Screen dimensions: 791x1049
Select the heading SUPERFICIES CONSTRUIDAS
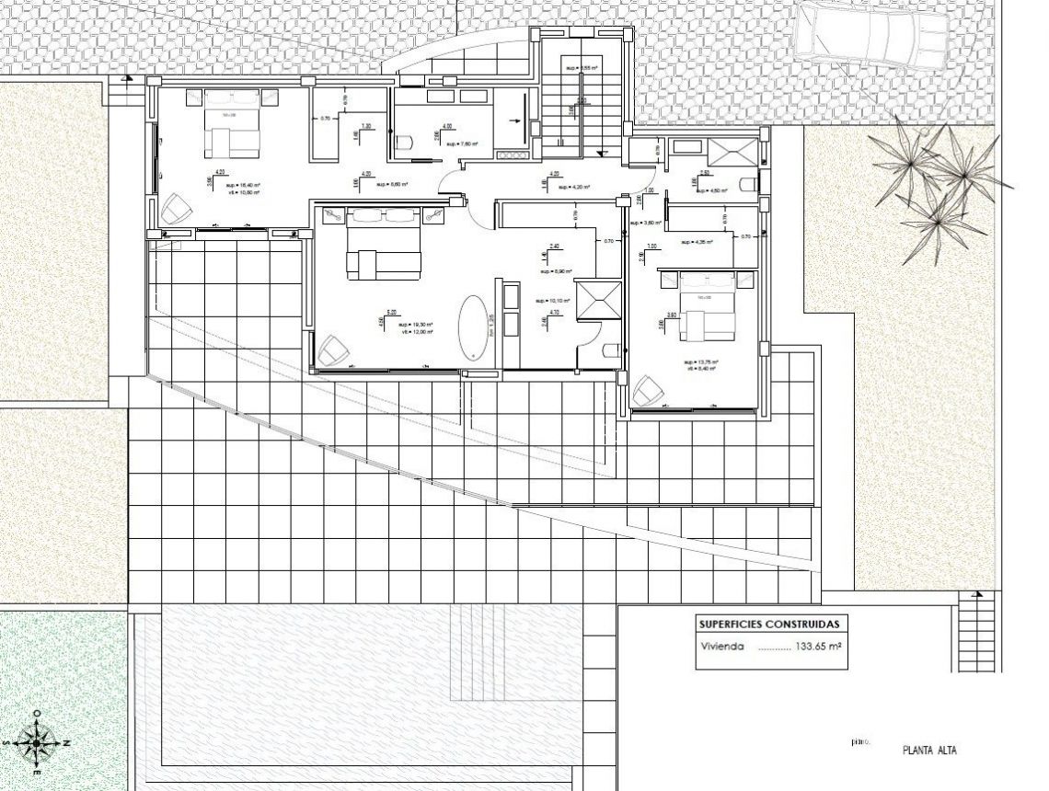pyautogui.click(x=767, y=624)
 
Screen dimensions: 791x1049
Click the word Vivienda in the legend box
pyautogui.click(x=720, y=647)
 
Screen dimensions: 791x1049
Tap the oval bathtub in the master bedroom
pyautogui.click(x=474, y=327)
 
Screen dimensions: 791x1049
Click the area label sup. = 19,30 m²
pyautogui.click(x=416, y=325)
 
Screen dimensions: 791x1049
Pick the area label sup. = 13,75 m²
pyautogui.click(x=701, y=361)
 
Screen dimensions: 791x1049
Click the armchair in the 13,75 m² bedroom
pyautogui.click(x=650, y=392)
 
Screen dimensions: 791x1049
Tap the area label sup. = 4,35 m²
pyautogui.click(x=697, y=243)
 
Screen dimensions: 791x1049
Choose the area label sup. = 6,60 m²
pyautogui.click(x=392, y=185)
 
